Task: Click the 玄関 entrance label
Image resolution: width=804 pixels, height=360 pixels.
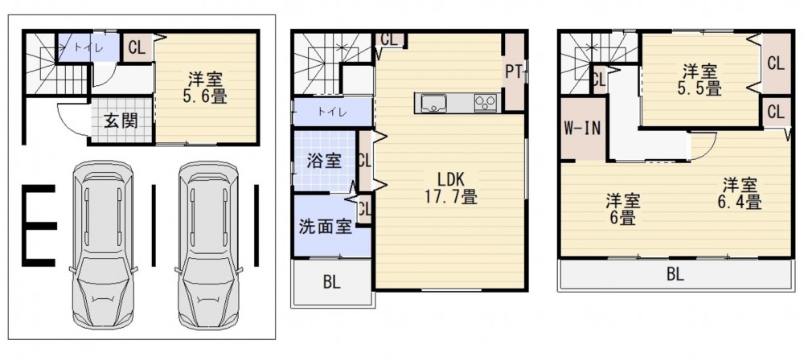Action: coord(121,121)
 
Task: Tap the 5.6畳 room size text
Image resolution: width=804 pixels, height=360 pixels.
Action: coord(204,96)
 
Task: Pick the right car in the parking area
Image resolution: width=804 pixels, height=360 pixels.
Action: coord(208,244)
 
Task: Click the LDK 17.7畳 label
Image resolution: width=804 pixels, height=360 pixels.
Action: coord(451,187)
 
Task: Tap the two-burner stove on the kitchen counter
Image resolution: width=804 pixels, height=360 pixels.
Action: coord(485,103)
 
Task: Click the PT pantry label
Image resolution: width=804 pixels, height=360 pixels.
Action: coord(515,72)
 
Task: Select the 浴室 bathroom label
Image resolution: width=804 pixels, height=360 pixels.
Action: coord(324,161)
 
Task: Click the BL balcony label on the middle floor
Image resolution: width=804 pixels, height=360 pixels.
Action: coord(332,282)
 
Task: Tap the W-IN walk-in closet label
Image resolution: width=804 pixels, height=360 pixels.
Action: coord(582,129)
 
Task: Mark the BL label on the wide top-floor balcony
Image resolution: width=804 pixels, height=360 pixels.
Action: coord(676,275)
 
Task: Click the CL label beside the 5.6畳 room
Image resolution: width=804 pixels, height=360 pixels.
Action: coord(137,48)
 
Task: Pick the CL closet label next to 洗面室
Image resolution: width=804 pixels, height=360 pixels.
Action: coord(364,209)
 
